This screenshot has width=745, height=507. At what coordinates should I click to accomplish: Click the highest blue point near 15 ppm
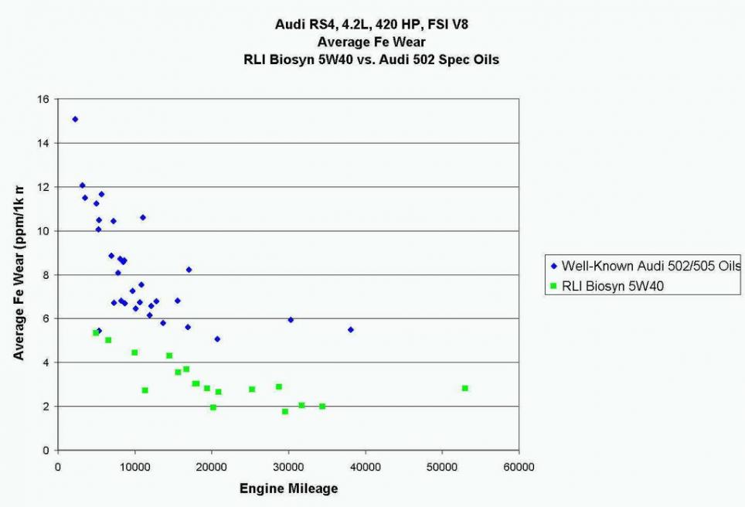[75, 119]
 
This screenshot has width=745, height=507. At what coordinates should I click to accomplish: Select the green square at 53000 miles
[465, 388]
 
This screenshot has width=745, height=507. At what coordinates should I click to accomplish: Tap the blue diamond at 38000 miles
[350, 329]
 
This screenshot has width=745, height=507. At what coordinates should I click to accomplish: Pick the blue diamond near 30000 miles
[291, 319]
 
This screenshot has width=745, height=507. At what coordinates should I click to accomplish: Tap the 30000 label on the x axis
[288, 468]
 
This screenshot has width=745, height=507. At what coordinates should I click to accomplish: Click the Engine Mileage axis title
[288, 488]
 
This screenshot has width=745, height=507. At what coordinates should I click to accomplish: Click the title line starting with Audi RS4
[372, 25]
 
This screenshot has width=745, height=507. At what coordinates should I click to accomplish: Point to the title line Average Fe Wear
[372, 42]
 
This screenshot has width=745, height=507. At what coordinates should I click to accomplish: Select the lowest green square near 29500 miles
[285, 411]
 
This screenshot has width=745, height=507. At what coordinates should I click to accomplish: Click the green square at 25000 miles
[252, 390]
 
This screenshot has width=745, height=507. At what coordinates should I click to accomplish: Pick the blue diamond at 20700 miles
[217, 339]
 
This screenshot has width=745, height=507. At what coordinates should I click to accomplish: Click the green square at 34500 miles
[322, 407]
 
